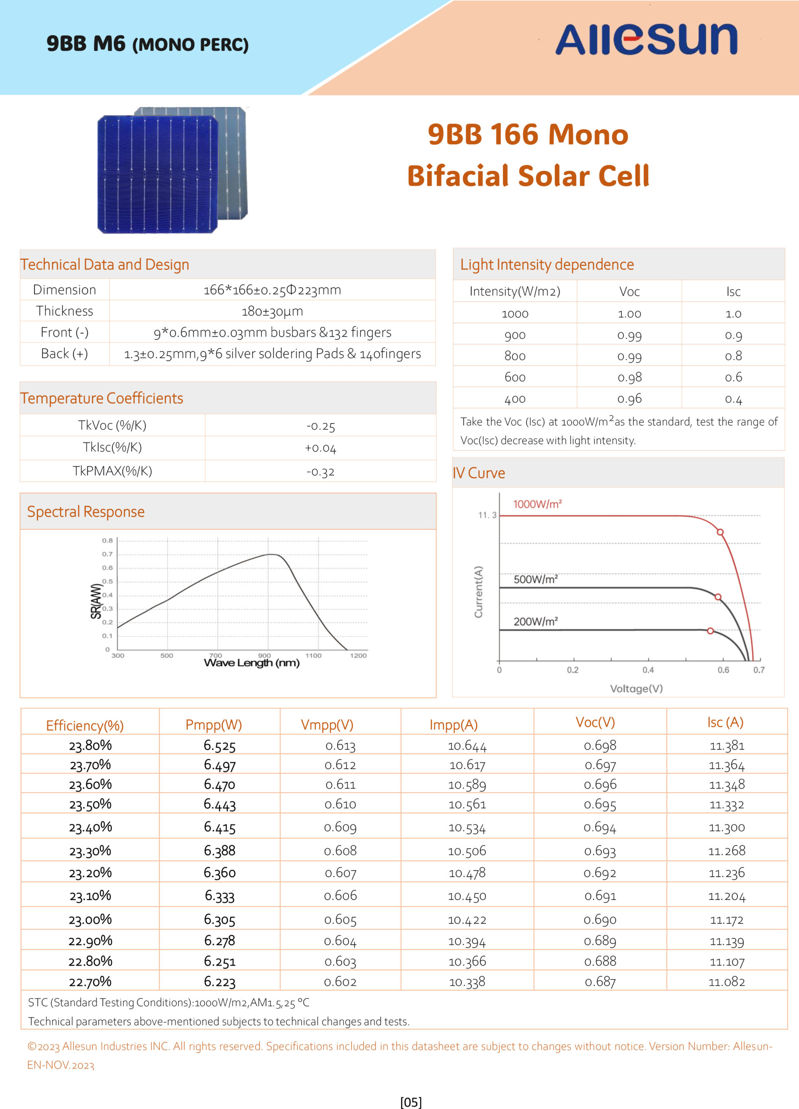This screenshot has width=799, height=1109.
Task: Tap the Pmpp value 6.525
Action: [x=220, y=746]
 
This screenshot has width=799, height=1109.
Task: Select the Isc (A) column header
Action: [x=725, y=722]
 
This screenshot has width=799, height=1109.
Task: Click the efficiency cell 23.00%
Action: [x=91, y=919]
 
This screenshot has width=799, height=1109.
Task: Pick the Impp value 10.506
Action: [x=467, y=851]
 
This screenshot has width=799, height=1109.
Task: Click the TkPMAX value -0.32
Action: [x=320, y=472]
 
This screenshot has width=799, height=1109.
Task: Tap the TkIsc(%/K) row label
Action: [x=113, y=447]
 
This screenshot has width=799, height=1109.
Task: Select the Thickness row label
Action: [x=65, y=311]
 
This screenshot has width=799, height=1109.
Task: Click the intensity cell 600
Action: [x=515, y=377]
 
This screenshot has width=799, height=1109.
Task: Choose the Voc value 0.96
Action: [x=629, y=399]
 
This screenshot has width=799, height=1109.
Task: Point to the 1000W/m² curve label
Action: [x=537, y=504]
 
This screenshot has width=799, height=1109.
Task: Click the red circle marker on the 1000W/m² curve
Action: [x=720, y=532]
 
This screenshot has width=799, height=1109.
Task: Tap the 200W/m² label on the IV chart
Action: [x=536, y=622]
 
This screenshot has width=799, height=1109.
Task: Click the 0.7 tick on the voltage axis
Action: [x=759, y=670]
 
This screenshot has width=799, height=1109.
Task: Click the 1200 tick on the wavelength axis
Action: [x=358, y=655]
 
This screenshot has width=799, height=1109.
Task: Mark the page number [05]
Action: [x=411, y=1102]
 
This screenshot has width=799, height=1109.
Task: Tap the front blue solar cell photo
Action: [x=157, y=174]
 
